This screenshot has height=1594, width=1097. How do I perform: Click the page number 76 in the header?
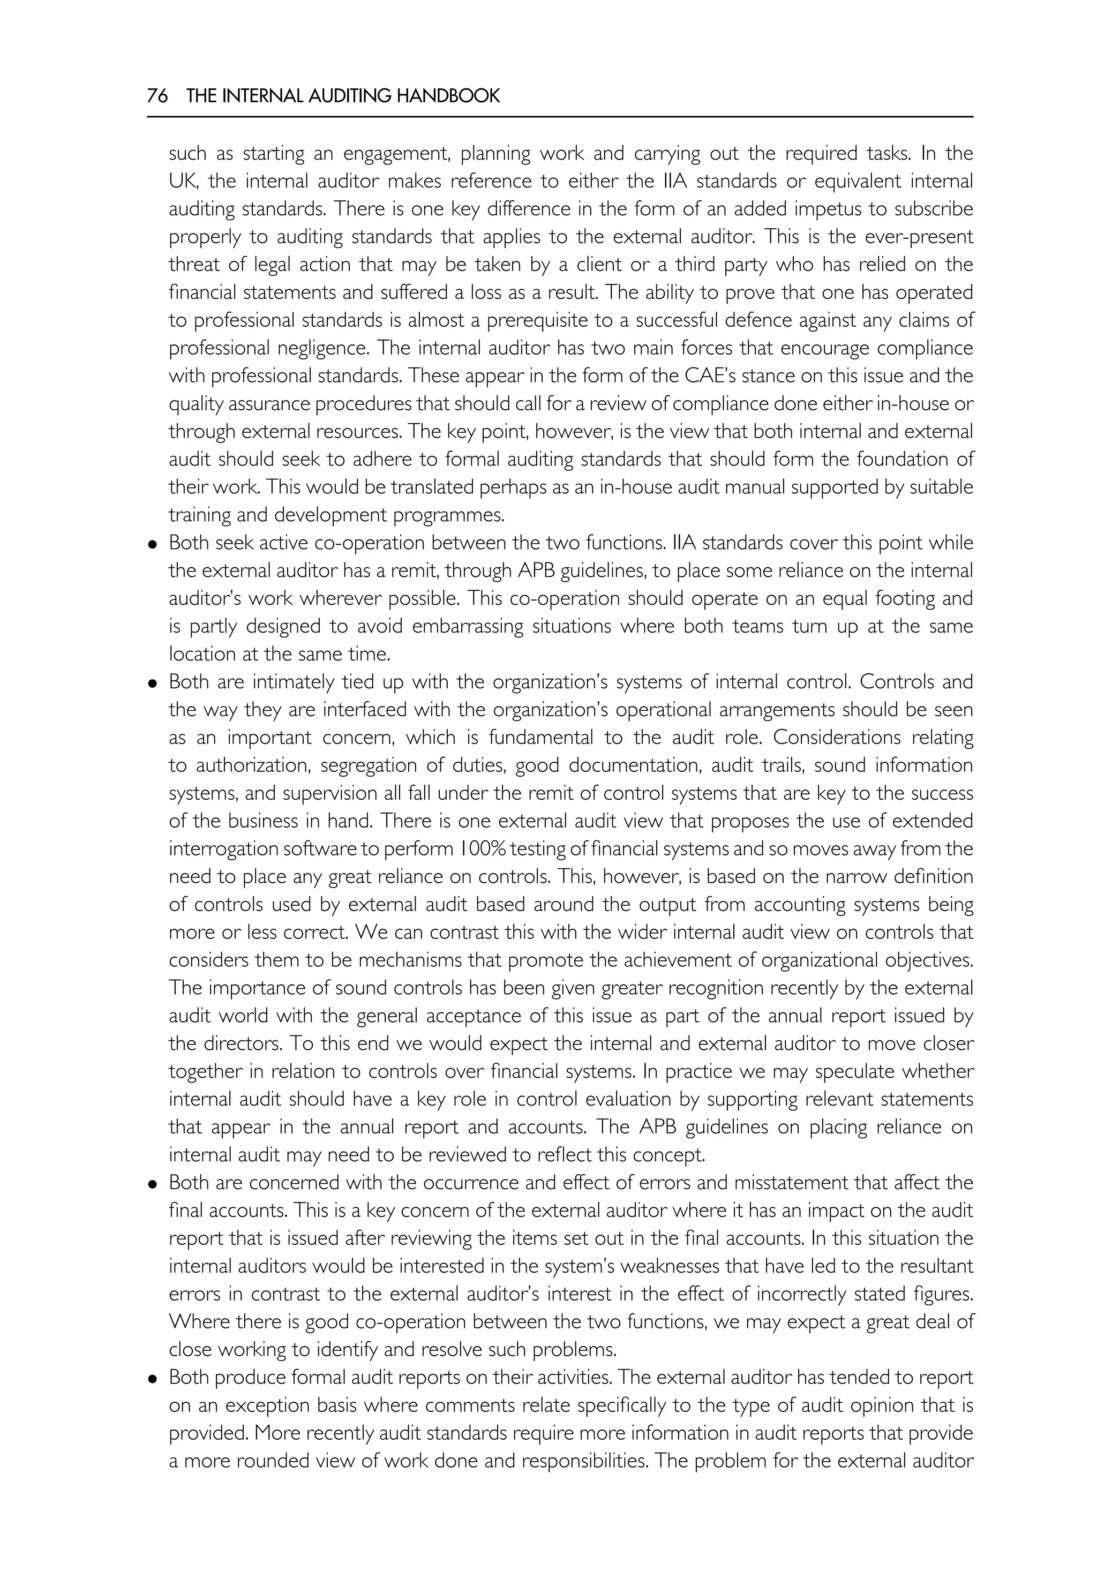(x=157, y=96)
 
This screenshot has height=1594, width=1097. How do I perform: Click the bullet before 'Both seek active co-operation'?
(x=153, y=544)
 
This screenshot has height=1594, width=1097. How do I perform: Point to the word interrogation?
(x=230, y=849)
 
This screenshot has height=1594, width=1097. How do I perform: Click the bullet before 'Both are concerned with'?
(x=153, y=1184)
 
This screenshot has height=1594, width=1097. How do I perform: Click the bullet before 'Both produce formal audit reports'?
(x=153, y=1379)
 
